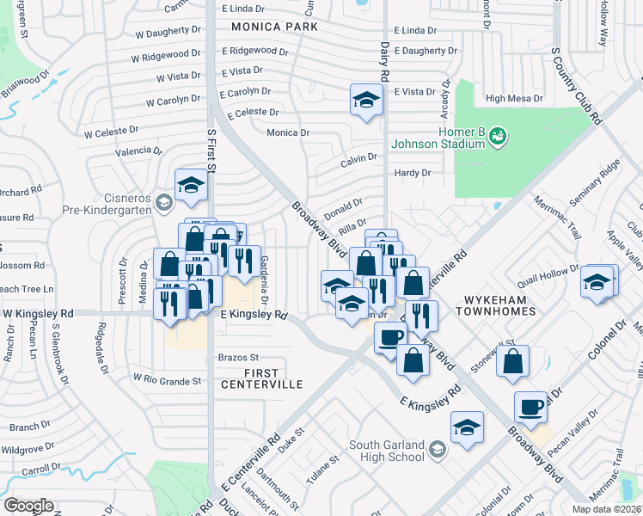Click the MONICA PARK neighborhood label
click(274, 27)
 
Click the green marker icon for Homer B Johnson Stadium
click(498, 135)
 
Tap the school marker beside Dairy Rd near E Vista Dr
click(366, 101)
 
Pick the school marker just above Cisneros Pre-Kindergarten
click(190, 183)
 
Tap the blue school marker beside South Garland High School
click(467, 427)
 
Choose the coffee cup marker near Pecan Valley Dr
click(530, 407)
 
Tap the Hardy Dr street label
click(412, 173)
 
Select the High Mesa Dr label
click(514, 99)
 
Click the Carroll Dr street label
click(40, 471)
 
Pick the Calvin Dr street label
click(358, 157)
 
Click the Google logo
click(28, 505)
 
